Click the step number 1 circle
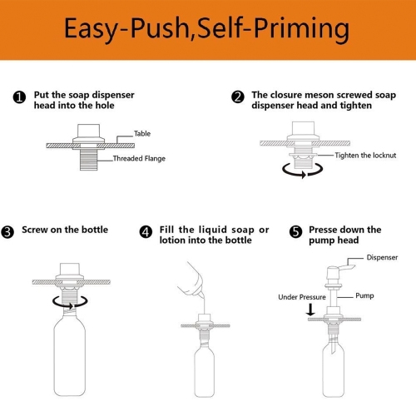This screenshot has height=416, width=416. click(x=19, y=97)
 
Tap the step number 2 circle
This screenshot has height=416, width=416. click(x=238, y=97)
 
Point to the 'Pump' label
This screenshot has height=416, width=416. click(x=365, y=295)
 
